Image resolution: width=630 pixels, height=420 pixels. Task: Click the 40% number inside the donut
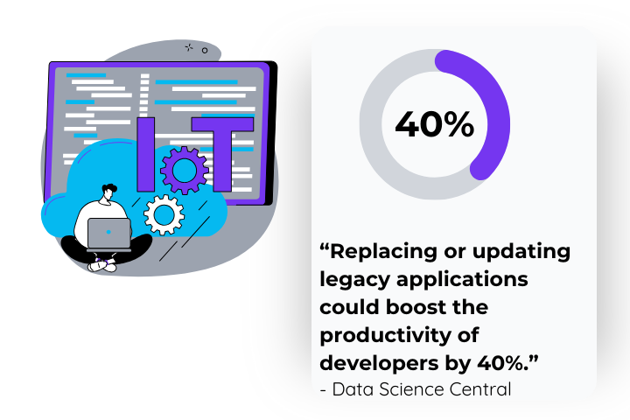pos(434,124)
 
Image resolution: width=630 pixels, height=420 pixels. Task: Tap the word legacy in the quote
pos(353,281)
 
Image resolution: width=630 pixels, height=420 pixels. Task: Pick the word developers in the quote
pos(376,363)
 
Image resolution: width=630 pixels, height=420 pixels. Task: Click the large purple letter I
pos(146,154)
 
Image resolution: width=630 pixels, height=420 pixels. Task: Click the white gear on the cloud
pos(164,213)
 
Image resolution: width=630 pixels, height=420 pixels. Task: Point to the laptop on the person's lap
pos(109,233)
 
